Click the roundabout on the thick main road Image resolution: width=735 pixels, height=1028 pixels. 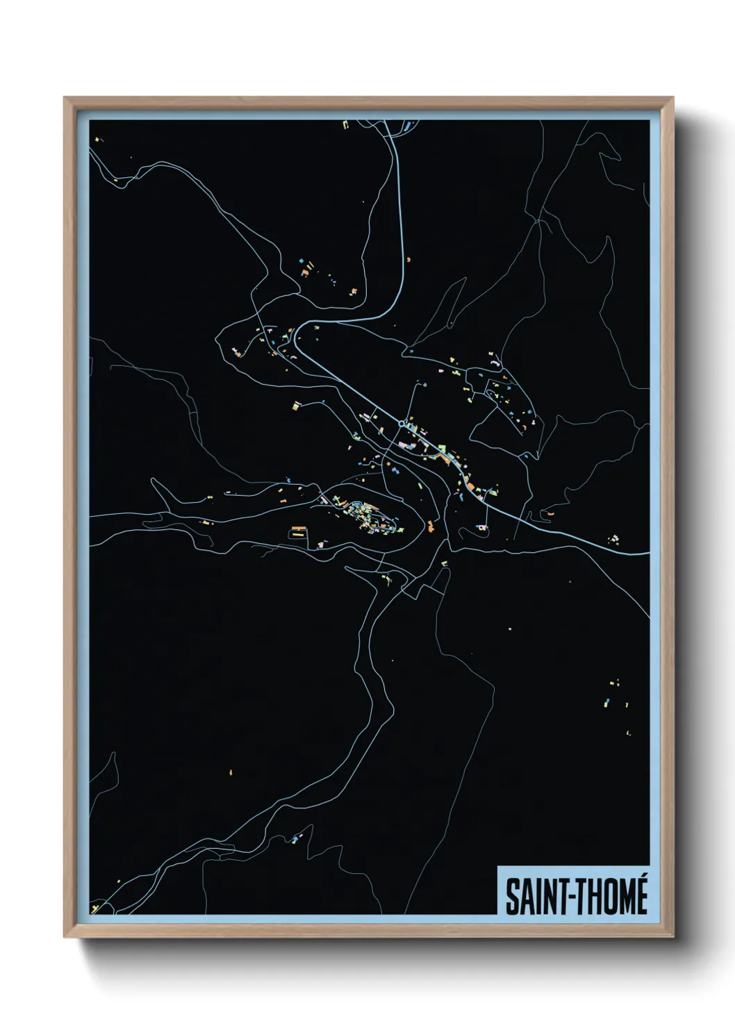tap(402, 423)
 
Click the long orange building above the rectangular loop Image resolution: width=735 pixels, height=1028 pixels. tap(298, 529)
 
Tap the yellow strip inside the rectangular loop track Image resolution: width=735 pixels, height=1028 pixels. tap(298, 536)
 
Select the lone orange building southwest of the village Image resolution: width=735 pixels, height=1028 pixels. tap(231, 770)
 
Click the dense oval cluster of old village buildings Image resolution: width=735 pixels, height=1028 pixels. tap(364, 515)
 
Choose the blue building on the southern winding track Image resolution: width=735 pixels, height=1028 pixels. tap(295, 840)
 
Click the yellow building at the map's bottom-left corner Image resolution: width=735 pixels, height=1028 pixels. tap(96, 906)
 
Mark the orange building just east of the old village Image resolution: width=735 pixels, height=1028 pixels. tap(431, 526)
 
